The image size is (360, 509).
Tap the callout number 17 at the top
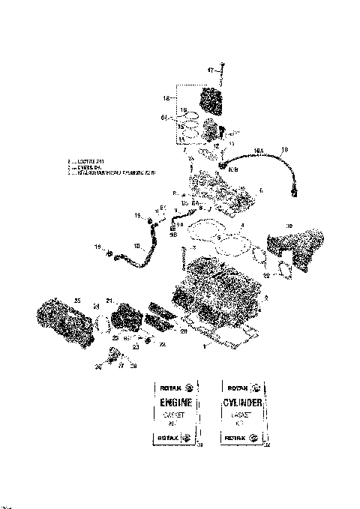(211, 69)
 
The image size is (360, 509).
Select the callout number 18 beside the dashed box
(168, 98)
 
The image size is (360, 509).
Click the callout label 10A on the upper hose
(259, 151)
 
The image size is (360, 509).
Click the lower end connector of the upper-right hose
(295, 192)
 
